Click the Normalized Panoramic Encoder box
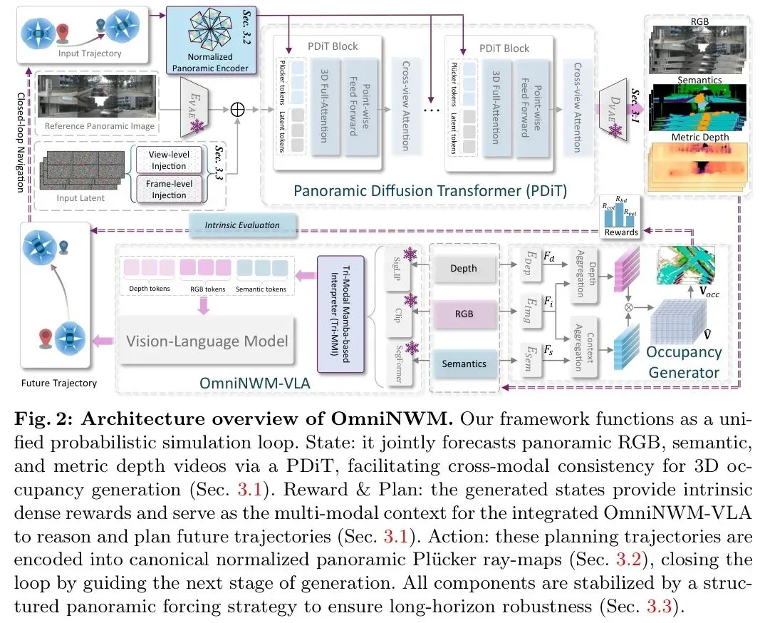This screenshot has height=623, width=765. [210, 41]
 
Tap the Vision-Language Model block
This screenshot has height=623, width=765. [207, 341]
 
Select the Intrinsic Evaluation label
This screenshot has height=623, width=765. [242, 225]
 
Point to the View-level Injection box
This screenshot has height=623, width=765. [169, 160]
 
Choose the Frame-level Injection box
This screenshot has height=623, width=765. [169, 190]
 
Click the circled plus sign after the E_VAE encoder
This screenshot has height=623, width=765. [238, 109]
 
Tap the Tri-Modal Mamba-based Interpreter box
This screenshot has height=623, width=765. [340, 314]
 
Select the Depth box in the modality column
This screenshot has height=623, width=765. [464, 268]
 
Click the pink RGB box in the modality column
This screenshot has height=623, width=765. [464, 314]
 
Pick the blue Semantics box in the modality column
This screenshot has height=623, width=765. [464, 364]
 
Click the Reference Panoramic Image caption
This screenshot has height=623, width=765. [100, 126]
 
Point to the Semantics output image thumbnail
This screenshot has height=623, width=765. [699, 108]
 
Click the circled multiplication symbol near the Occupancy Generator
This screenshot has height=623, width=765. [628, 308]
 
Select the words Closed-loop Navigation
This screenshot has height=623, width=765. [21, 142]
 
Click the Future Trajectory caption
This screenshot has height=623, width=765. [58, 383]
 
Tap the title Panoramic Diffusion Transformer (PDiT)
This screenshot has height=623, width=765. [430, 190]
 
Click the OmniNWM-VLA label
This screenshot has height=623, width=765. [255, 383]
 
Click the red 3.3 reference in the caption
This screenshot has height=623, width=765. [659, 606]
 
